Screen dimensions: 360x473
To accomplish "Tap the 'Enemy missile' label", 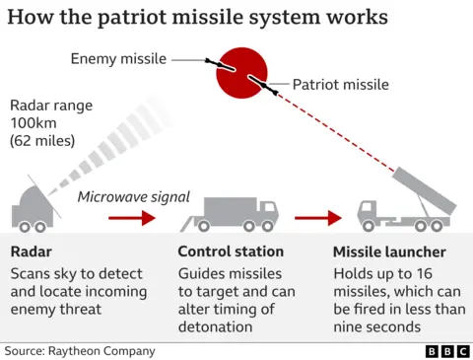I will pyautogui.click(x=117, y=59).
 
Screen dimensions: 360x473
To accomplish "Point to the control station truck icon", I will pyautogui.click(x=242, y=214).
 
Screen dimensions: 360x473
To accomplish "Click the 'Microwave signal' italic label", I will pyautogui.click(x=133, y=197).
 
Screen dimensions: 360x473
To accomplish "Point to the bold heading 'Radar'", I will pyautogui.click(x=33, y=252).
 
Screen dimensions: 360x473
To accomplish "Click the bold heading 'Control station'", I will pyautogui.click(x=231, y=252).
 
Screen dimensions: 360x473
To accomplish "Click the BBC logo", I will pyautogui.click(x=444, y=350).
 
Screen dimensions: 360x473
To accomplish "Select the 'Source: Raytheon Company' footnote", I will pyautogui.click(x=79, y=350).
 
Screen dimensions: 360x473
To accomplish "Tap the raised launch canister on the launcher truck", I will pyautogui.click(x=424, y=193).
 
